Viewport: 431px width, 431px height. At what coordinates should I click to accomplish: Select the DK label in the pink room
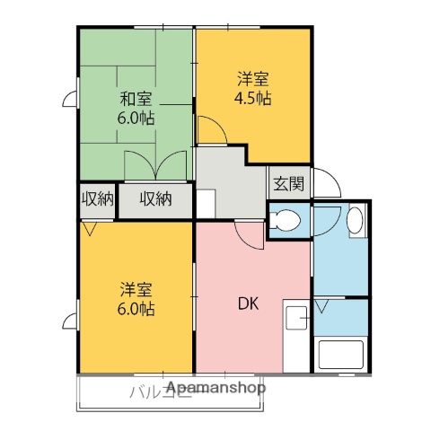(x=249, y=303)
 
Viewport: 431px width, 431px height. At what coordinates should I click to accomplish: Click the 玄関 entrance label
(x=288, y=184)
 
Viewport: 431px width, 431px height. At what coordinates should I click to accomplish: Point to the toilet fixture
(x=287, y=220)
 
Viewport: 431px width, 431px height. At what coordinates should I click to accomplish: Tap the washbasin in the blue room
(x=355, y=220)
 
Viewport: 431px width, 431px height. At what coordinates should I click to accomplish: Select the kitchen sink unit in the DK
(x=295, y=329)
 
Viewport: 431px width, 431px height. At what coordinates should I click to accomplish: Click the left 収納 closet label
(x=98, y=198)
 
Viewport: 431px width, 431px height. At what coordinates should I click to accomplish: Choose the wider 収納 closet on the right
(x=154, y=198)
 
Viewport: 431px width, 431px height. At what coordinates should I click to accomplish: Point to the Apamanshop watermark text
(x=215, y=388)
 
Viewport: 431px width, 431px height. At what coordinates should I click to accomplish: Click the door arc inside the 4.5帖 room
(x=211, y=133)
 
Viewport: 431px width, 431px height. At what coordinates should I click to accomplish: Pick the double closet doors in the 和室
(x=156, y=167)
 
